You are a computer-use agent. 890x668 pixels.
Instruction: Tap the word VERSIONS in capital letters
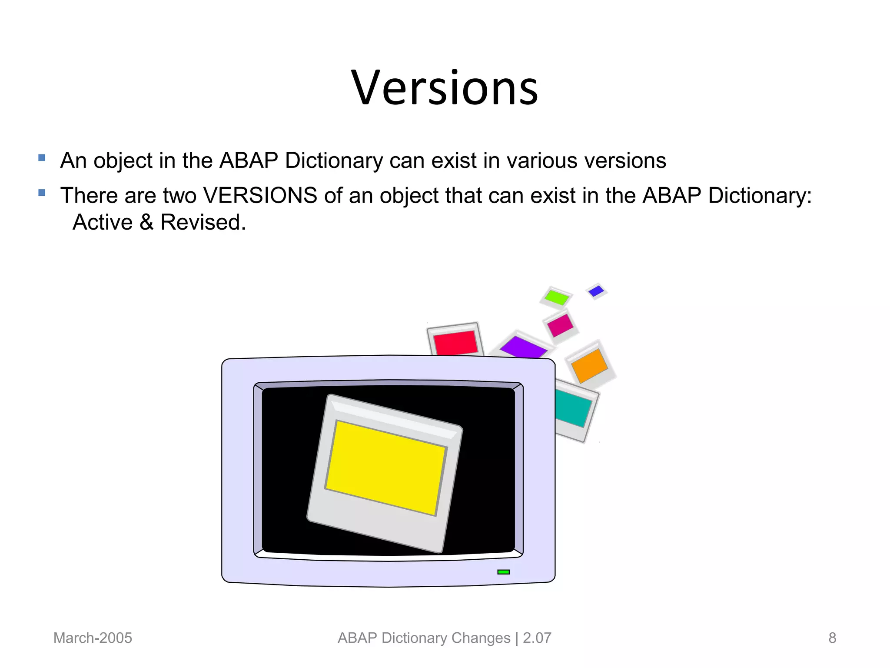260,195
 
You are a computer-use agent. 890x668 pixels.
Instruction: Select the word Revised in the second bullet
200,222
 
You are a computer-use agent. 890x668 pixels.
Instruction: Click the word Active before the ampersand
103,222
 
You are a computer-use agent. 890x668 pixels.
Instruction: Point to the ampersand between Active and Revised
147,222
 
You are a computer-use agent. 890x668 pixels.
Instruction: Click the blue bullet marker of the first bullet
42,157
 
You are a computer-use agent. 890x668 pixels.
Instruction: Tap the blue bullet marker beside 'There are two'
42,192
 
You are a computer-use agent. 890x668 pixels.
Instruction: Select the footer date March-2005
93,638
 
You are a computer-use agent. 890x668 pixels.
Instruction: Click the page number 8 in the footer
832,638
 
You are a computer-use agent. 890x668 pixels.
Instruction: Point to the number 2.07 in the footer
537,638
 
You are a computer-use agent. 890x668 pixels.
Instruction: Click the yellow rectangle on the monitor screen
385,468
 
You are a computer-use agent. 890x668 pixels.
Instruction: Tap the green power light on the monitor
503,572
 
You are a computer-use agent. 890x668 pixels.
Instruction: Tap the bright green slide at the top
556,297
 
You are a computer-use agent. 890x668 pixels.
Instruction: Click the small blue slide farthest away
596,291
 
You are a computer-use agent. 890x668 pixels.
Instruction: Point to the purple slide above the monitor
522,348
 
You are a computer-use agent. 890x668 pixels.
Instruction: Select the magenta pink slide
560,325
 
